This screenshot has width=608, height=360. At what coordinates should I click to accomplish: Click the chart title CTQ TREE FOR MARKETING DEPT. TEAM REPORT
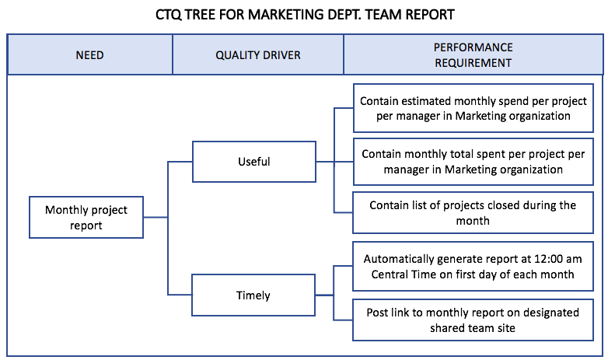coord(305,15)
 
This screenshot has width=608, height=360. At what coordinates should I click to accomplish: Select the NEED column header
coord(89,55)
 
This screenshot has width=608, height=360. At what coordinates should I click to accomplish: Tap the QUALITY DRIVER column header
coord(258,55)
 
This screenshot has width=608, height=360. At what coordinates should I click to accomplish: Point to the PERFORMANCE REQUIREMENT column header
coord(473,55)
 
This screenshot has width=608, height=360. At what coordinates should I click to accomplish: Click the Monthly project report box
coord(86,217)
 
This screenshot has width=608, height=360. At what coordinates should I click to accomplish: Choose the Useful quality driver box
coord(254,162)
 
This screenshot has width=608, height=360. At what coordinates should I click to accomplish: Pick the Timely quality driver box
coord(253,295)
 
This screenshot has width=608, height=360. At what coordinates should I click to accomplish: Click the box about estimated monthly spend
coord(473,108)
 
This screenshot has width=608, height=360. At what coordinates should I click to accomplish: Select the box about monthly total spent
coord(473,162)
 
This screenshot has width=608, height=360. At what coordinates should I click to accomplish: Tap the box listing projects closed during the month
coord(473,212)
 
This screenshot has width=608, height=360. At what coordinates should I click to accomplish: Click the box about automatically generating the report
coord(473,266)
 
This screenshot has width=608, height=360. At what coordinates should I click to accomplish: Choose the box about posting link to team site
coord(473,320)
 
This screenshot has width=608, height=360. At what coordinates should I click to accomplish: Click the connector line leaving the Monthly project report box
coord(155,217)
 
